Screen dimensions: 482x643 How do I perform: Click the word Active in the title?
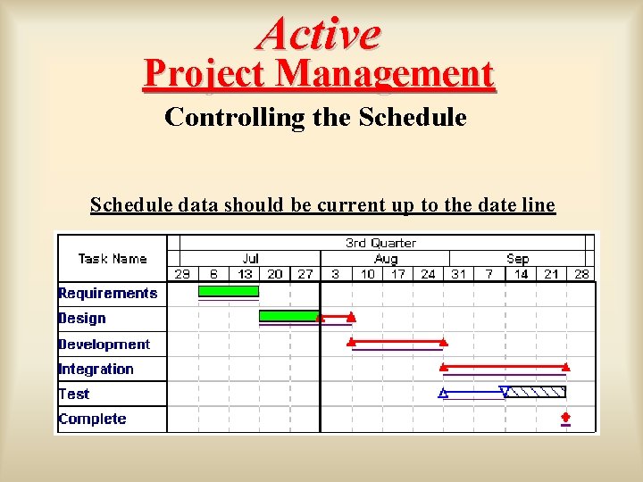[319, 33]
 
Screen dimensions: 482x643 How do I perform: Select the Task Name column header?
[112, 259]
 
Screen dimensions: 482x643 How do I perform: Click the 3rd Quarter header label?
[380, 243]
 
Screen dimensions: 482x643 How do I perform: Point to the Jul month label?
[250, 259]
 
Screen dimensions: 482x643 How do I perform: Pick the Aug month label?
[386, 259]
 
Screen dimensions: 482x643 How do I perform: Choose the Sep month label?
[518, 259]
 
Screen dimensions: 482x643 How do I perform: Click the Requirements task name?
[107, 293]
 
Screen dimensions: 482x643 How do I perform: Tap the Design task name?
[82, 319]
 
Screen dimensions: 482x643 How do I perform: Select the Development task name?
[104, 345]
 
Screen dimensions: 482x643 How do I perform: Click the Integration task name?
[96, 370]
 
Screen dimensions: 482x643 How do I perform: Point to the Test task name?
[74, 395]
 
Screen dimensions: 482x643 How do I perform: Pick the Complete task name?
[92, 420]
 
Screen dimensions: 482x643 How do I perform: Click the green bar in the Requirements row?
[228, 291]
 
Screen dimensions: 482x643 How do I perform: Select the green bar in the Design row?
[288, 316]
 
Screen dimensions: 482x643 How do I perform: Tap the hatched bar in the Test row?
[536, 392]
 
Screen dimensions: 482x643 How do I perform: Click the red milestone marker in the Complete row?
[565, 417]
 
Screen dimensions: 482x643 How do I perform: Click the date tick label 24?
[428, 274]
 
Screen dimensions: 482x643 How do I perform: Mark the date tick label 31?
[458, 274]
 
